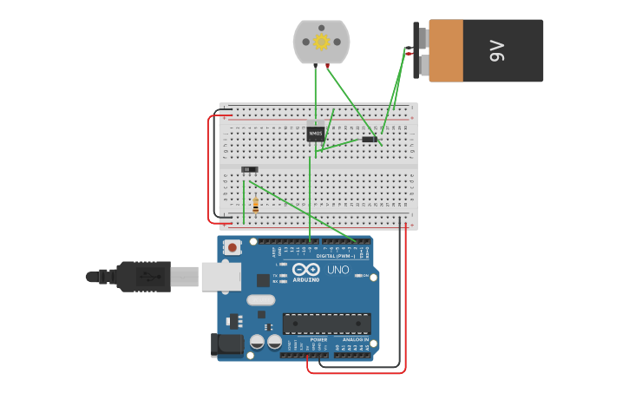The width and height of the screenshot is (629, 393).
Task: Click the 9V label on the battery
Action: (497, 51)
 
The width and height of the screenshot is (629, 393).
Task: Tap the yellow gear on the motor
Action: (321, 42)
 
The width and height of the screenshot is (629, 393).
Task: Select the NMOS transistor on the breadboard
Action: (315, 134)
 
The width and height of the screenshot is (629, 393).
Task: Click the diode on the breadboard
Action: (370, 139)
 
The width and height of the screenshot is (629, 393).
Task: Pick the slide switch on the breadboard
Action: (249, 169)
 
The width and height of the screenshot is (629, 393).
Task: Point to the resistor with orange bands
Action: (255, 206)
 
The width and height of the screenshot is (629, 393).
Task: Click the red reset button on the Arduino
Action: (232, 247)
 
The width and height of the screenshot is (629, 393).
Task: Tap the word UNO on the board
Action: (337, 270)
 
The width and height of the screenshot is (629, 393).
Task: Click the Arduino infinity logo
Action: (305, 270)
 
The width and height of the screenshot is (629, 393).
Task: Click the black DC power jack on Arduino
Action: (228, 344)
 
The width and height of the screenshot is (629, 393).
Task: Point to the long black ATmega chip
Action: (326, 324)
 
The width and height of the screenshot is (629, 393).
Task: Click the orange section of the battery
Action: (446, 51)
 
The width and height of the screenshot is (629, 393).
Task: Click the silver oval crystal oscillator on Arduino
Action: (260, 300)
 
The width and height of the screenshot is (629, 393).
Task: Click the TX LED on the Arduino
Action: (282, 274)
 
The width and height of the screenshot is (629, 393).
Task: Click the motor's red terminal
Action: (327, 65)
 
